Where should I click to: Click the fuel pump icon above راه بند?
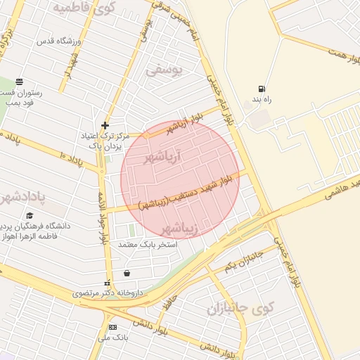point(262,89)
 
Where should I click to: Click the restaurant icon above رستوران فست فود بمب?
point(19,82)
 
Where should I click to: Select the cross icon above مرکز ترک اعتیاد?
point(105,124)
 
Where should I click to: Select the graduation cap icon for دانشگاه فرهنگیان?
point(30,215)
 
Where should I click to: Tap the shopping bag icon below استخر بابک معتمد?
point(127,273)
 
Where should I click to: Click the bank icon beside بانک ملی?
point(112,328)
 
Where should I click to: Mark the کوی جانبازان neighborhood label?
point(239,308)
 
